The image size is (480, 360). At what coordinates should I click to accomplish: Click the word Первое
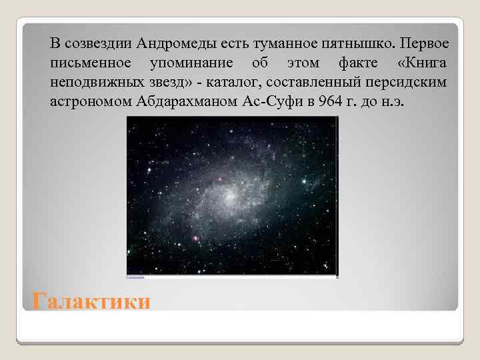coord(422,44)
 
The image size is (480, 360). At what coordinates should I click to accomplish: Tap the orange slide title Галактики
coord(91,302)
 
